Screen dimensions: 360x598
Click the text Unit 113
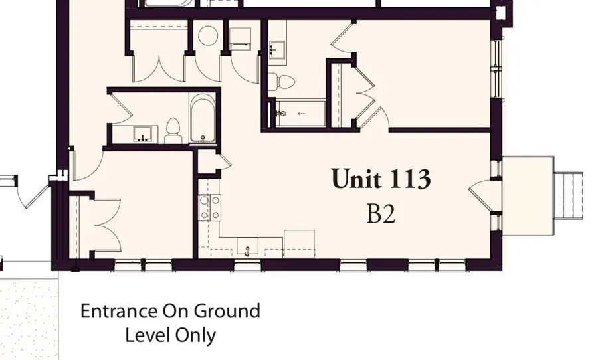(x=381, y=179)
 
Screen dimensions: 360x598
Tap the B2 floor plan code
(x=381, y=213)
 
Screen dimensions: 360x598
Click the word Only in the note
(x=195, y=335)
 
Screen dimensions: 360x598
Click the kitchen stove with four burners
(x=210, y=207)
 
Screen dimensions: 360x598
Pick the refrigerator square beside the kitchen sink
(x=299, y=244)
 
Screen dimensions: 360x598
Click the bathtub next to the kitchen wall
(x=202, y=120)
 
